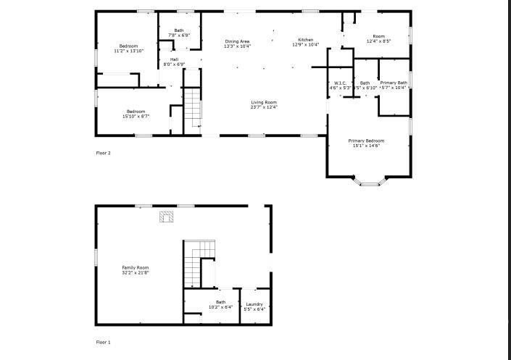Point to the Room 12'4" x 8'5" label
(x=378, y=38)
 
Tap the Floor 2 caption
(x=104, y=153)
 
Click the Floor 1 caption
(x=104, y=342)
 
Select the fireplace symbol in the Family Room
(x=167, y=216)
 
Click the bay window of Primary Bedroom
(x=370, y=183)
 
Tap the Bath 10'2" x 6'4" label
(x=220, y=304)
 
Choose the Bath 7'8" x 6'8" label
(x=179, y=33)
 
